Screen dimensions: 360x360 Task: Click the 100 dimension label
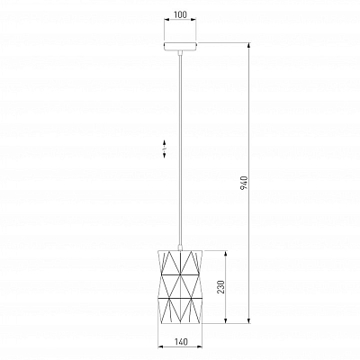[x=180, y=14]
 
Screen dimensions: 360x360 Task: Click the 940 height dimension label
[x=244, y=184]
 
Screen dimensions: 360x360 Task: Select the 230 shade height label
[x=220, y=287]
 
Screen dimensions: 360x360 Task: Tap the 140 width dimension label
[x=180, y=342]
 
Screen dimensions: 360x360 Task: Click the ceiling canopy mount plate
[x=180, y=46]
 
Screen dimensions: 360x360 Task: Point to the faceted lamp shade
[x=180, y=286]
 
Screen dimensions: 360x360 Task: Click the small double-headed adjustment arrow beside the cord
[x=165, y=148]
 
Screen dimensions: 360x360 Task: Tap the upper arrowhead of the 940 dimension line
[x=248, y=46]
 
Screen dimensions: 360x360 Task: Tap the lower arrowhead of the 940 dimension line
[x=248, y=320]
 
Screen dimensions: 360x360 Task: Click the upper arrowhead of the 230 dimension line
[x=225, y=253]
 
